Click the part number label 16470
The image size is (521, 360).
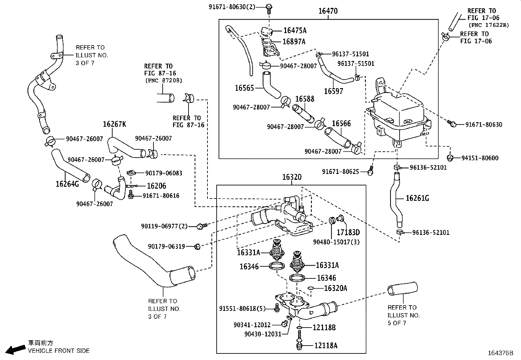[x=328, y=11]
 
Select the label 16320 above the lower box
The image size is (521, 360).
[x=292, y=177]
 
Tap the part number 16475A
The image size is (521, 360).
[x=295, y=30]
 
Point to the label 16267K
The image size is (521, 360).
[x=114, y=124]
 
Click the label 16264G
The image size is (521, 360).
[x=67, y=184]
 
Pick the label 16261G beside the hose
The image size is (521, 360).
[x=417, y=198]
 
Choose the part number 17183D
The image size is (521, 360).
[x=348, y=232]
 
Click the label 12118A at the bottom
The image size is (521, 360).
[x=326, y=345]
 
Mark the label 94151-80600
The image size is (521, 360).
[x=480, y=158]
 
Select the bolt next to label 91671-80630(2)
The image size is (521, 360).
[x=269, y=7]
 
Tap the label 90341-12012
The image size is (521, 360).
[x=252, y=325]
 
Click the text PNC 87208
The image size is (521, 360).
[x=163, y=80]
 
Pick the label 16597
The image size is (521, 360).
[x=333, y=91]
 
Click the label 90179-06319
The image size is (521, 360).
[x=166, y=246]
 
